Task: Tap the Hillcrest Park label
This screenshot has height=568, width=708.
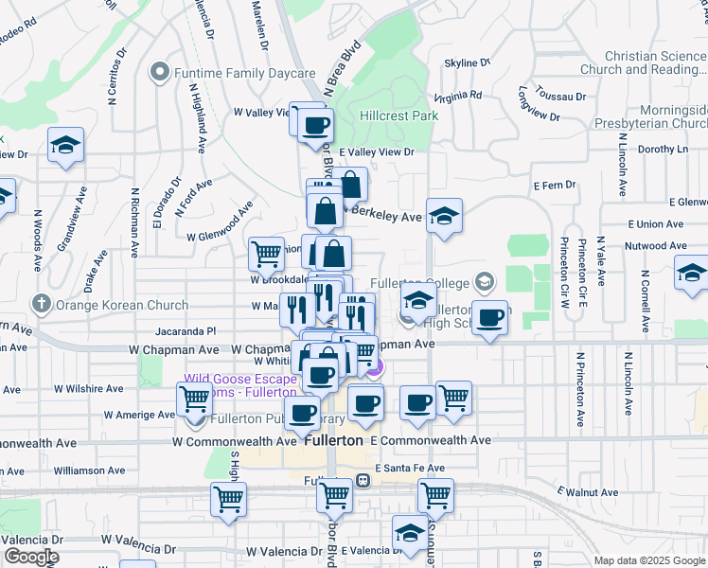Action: [399, 115]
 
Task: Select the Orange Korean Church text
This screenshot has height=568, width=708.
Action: [104, 305]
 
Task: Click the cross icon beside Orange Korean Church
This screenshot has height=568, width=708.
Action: [40, 305]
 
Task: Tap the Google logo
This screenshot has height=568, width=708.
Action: [30, 557]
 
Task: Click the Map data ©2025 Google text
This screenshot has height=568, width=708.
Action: [648, 560]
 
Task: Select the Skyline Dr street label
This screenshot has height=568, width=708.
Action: [470, 62]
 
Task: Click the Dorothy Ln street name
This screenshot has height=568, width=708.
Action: [663, 149]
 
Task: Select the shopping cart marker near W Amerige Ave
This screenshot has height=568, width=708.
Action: [194, 399]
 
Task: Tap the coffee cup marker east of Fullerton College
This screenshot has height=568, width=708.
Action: [489, 318]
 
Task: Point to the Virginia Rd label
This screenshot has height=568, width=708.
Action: [458, 96]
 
